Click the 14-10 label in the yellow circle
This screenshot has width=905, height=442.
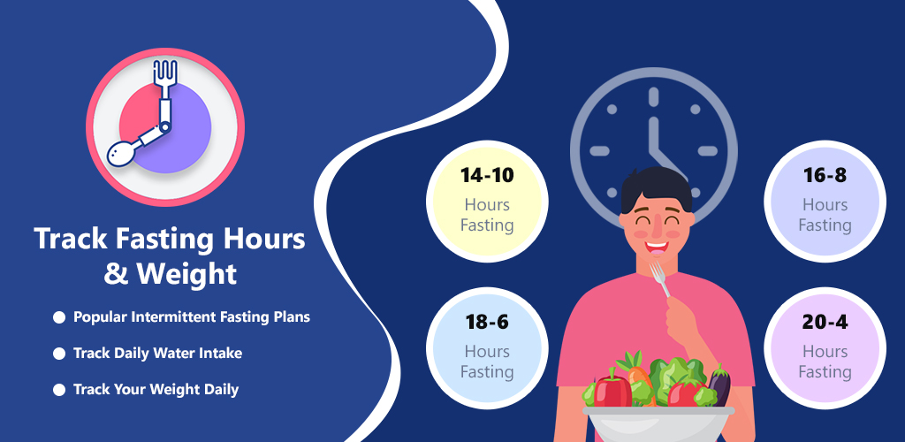pos(487,175)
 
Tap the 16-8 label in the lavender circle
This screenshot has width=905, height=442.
pos(825,175)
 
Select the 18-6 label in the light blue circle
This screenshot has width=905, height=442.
pos(487,322)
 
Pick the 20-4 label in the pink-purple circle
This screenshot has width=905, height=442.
pos(825,322)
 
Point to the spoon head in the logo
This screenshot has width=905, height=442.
pos(122,154)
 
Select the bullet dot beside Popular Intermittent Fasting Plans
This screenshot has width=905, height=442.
pos(59,317)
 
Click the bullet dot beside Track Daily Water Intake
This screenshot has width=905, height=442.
pos(59,353)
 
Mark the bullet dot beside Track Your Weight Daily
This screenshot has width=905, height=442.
pos(59,390)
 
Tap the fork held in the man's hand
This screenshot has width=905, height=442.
pos(659,279)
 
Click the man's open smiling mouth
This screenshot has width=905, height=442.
pos(658,246)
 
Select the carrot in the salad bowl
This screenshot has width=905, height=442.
pos(635,375)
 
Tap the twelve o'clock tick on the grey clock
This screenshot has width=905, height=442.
pos(653,97)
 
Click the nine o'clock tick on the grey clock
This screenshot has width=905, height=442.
pos(600,151)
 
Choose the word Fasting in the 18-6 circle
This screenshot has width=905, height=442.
pos(487,371)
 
